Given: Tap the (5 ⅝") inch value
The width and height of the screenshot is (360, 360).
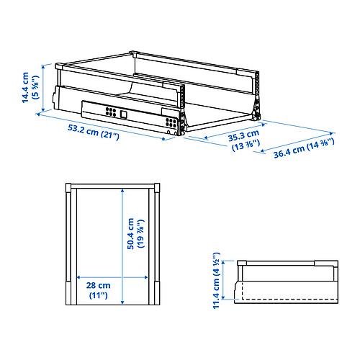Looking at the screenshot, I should point(35,86).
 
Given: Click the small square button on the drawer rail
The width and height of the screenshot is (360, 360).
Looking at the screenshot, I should point(123,113).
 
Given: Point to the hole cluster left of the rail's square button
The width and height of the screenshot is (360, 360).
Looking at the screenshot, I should point(110,112).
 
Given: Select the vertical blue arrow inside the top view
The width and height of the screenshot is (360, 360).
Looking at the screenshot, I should point(122,245).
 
